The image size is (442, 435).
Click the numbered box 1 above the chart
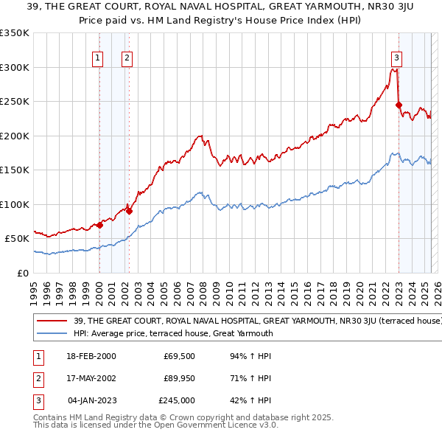98,58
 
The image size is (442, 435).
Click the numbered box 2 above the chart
127,58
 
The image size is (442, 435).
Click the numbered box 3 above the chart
396,58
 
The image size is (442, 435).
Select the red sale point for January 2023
399,105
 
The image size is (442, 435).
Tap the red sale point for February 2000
99,225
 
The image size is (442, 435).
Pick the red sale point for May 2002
129,211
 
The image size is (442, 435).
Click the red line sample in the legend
52,321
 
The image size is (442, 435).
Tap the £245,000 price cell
177,400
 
